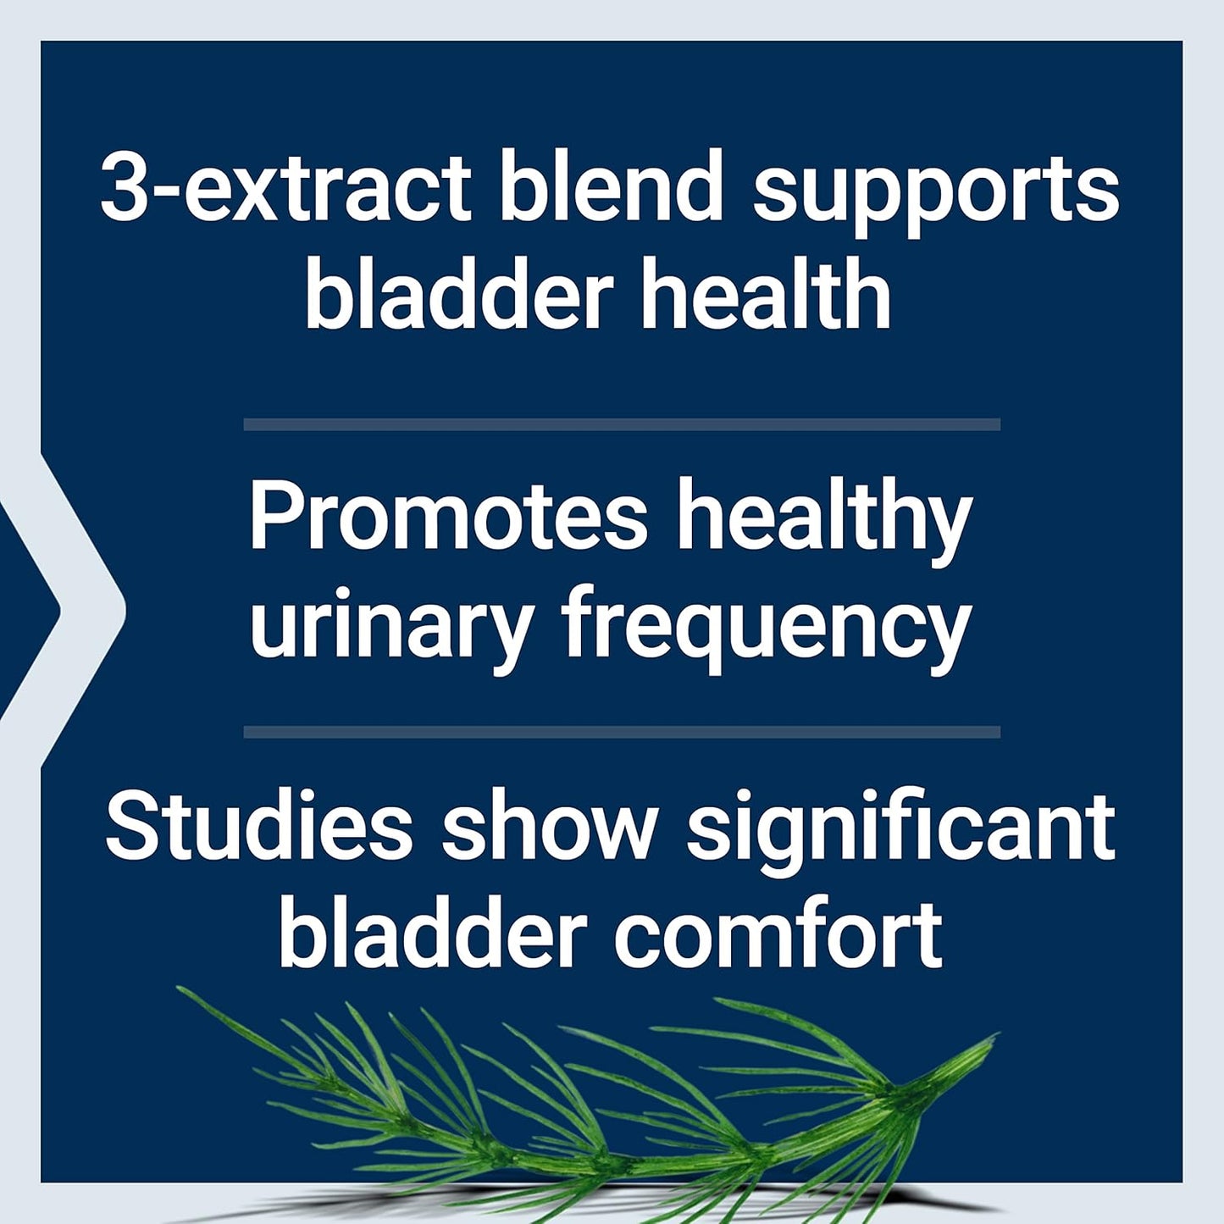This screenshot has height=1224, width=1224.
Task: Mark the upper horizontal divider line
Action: [622, 424]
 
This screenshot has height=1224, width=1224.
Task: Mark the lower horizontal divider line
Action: [622, 732]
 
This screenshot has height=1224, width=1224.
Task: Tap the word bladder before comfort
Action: [433, 934]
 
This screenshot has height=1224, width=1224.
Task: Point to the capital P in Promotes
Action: [270, 516]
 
